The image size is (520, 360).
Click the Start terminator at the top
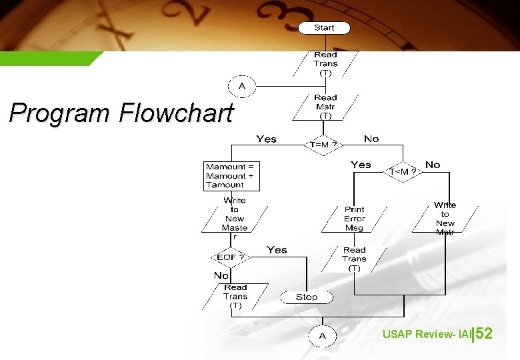tap(324, 27)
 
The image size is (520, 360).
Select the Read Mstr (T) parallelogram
tap(325, 106)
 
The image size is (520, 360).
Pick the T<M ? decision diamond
tap(403, 171)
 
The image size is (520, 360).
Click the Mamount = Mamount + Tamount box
tap(231, 176)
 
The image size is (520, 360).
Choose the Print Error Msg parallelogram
tap(354, 219)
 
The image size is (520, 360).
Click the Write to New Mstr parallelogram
tap(445, 219)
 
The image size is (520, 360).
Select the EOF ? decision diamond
tap(230, 257)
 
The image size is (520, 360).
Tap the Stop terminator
tap(307, 297)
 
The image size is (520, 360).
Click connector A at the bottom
tap(323, 335)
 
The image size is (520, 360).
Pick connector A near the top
tap(242, 86)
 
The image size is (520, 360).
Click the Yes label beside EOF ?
tap(277, 250)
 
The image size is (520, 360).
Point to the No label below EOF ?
tap(221, 275)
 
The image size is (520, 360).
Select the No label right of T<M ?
tap(433, 165)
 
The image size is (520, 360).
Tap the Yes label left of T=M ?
tap(266, 139)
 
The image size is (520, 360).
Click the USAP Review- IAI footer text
tap(426, 334)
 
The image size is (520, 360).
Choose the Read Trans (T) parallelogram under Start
tap(325, 64)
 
